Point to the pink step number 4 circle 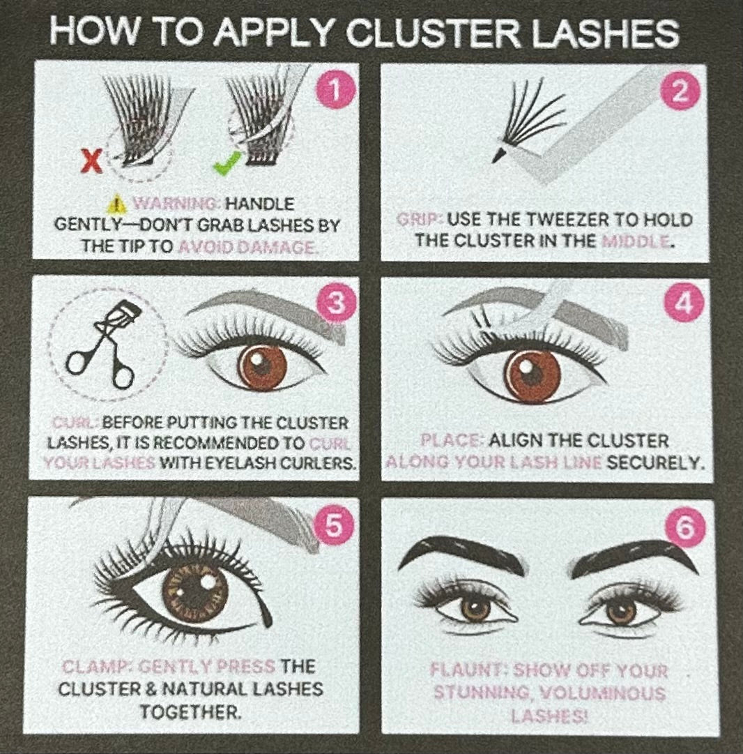click(680, 304)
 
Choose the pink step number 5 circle click(334, 525)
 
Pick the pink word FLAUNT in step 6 click(468, 671)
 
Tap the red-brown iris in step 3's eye click(263, 366)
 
